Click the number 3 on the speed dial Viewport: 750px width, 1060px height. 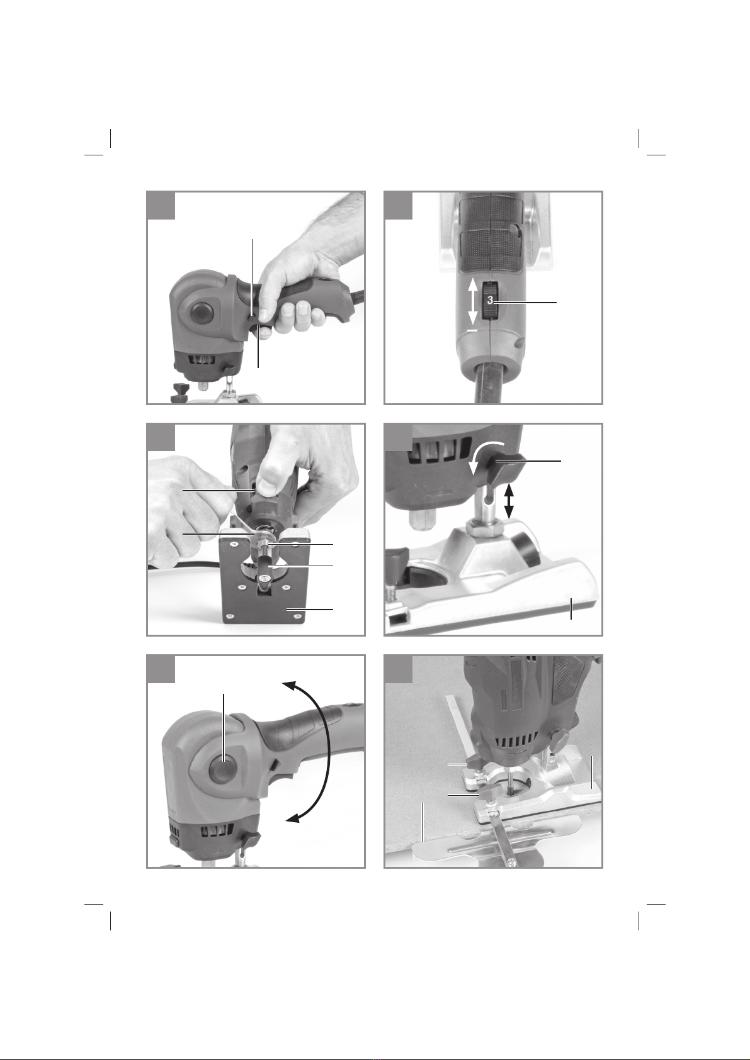(x=490, y=300)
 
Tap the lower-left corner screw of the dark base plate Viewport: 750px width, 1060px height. (x=230, y=615)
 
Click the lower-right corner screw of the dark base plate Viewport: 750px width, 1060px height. (x=297, y=615)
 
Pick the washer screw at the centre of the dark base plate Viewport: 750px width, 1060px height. (x=263, y=578)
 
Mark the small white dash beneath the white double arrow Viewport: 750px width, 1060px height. (x=472, y=330)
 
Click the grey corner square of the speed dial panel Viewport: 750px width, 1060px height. (x=161, y=205)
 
